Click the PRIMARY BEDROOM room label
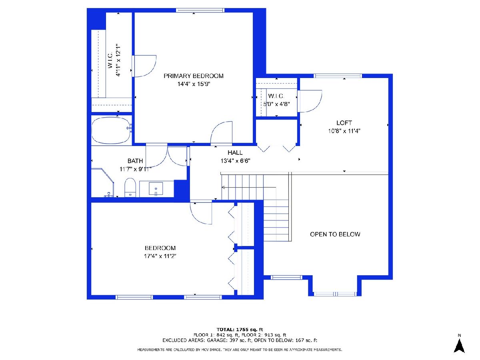(x=193, y=76)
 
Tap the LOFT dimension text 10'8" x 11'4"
(x=344, y=131)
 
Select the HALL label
(x=235, y=152)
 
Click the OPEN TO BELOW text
(x=335, y=234)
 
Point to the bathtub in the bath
(x=111, y=130)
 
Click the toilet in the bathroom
(x=130, y=188)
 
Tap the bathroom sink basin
(x=156, y=188)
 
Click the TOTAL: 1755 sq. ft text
(x=240, y=330)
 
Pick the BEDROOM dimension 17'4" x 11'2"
(x=160, y=256)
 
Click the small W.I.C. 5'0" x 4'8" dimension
(x=276, y=104)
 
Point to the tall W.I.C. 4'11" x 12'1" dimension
(x=118, y=60)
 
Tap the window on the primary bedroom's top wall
(x=200, y=10)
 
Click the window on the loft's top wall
(x=338, y=76)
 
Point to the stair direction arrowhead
(x=223, y=187)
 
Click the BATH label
(x=135, y=161)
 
